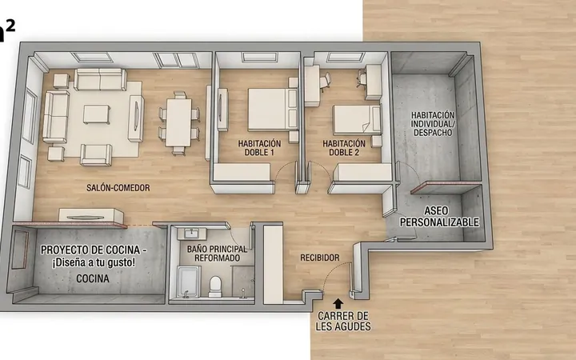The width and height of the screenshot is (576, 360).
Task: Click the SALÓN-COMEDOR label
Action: (x=118, y=188)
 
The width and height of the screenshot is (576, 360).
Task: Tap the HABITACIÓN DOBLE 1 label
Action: (x=259, y=148)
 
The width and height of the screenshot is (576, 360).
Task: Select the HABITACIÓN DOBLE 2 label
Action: (x=344, y=148)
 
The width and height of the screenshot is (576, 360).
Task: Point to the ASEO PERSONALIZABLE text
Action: (x=439, y=216)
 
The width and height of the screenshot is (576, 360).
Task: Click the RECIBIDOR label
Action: (x=319, y=258)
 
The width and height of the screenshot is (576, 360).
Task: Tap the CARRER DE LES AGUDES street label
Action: (x=343, y=321)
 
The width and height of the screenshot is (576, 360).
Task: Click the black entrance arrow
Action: (x=338, y=303)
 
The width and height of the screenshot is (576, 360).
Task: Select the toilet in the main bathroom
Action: (x=215, y=286)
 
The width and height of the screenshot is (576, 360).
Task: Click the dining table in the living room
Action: (x=178, y=122)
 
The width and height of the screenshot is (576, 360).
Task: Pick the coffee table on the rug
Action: (x=96, y=114)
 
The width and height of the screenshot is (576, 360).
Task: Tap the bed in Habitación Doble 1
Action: (x=273, y=109)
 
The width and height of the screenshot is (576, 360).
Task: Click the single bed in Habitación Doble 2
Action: (x=357, y=120)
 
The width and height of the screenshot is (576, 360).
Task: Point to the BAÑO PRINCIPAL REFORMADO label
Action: (x=217, y=254)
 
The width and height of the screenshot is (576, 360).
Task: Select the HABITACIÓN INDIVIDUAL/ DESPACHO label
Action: (x=433, y=124)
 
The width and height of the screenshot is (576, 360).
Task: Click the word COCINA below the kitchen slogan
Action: (x=93, y=279)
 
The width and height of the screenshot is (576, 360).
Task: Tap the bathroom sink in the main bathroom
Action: (x=191, y=234)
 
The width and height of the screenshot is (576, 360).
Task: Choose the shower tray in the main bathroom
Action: (x=189, y=282)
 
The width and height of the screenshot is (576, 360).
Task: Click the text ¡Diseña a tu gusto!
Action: (x=94, y=263)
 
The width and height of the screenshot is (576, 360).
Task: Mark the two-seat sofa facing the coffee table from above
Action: (x=100, y=79)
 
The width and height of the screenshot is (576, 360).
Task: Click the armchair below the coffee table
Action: (x=96, y=154)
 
